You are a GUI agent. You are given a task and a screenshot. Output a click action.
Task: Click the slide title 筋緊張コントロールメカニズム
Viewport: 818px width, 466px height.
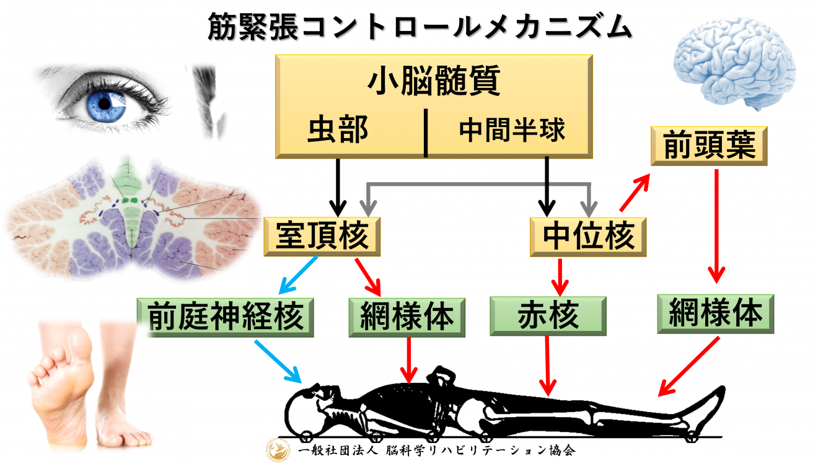click(x=409, y=29)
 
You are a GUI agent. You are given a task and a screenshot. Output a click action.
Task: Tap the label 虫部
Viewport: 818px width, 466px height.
click(x=338, y=130)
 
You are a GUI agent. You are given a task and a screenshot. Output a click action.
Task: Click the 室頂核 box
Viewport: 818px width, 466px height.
click(x=322, y=235)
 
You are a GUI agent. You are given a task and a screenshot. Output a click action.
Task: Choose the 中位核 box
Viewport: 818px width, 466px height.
click(x=589, y=236)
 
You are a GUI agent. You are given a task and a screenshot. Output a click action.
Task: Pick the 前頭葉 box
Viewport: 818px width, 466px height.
click(x=709, y=146)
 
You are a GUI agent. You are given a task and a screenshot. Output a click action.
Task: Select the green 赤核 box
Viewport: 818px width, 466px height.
click(x=548, y=315)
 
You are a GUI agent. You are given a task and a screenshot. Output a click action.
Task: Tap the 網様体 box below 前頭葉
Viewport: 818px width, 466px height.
click(x=716, y=313)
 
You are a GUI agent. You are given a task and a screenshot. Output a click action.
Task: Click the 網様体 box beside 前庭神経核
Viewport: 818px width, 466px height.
click(x=407, y=315)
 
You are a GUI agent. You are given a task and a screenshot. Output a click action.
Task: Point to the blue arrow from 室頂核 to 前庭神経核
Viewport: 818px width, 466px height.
click(x=299, y=275)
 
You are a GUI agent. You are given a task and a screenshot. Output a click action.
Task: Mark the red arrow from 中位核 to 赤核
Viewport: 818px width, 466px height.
click(x=560, y=276)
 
